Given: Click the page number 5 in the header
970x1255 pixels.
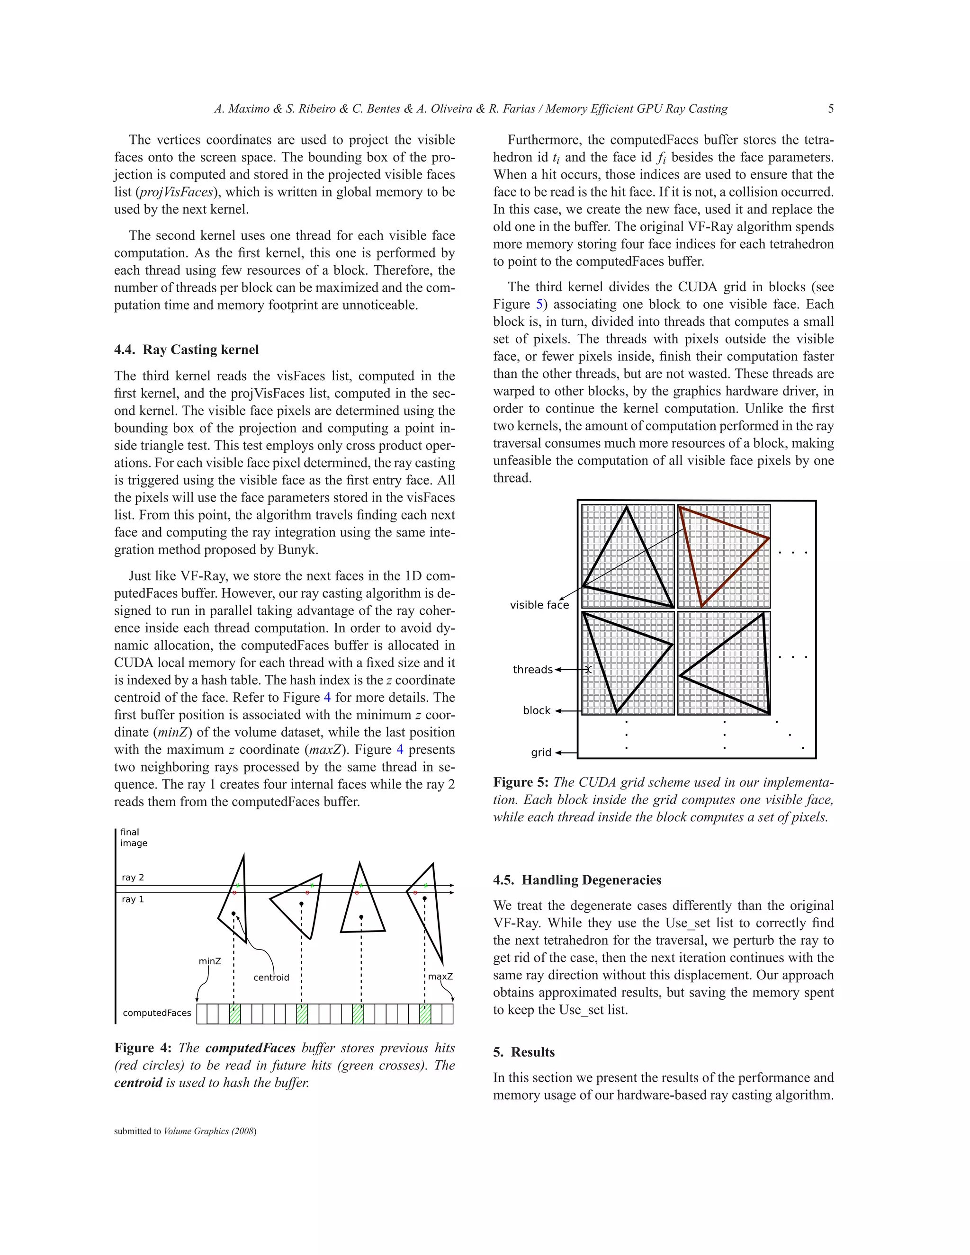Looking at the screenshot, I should click(830, 108).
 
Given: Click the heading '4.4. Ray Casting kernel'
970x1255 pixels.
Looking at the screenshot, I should click(186, 350).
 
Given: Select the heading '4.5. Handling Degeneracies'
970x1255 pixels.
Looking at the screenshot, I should click(577, 880).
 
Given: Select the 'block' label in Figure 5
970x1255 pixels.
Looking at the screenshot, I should click(536, 710).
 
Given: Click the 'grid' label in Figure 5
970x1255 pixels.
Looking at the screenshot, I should click(541, 752).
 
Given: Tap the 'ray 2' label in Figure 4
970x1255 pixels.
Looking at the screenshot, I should click(133, 878).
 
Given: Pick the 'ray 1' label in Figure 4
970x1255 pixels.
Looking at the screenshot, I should click(133, 899).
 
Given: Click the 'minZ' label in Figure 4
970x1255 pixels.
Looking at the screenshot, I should click(210, 961).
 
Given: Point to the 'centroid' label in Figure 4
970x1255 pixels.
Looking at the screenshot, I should click(271, 977).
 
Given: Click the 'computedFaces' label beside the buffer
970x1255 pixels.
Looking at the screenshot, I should click(157, 1013).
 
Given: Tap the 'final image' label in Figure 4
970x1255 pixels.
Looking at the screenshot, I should click(133, 837).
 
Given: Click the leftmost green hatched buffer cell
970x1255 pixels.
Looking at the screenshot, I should click(234, 1014).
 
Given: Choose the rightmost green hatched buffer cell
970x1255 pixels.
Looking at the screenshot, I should click(425, 1014).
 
